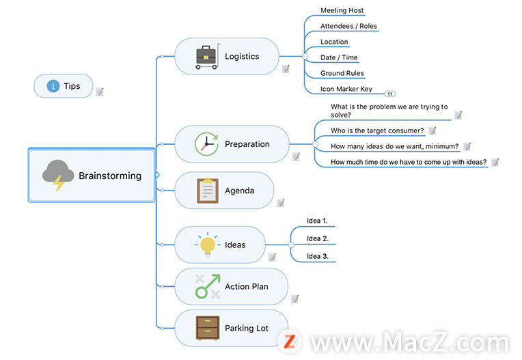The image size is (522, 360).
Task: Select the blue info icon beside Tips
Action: tap(53, 86)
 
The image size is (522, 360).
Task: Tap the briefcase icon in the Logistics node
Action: tap(206, 57)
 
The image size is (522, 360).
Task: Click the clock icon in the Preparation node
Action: tap(206, 144)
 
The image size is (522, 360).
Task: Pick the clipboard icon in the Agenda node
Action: tap(207, 191)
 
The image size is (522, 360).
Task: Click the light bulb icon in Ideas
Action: tap(207, 245)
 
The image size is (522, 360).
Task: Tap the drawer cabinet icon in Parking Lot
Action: tap(207, 329)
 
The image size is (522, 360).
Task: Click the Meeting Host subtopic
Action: tap(342, 11)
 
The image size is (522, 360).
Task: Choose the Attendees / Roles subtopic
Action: tap(348, 27)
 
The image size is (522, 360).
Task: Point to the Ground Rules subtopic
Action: tap(342, 73)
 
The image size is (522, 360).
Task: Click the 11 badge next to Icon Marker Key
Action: tap(389, 94)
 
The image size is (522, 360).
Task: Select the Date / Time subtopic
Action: tap(339, 57)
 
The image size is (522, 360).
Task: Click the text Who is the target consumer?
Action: tap(377, 130)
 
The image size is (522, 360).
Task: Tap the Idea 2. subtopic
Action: tap(317, 238)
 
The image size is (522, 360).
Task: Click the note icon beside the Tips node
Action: tap(100, 92)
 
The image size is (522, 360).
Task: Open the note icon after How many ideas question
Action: tap(467, 146)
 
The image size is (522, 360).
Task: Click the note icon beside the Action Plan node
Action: tap(294, 299)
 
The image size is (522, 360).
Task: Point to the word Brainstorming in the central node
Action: tap(110, 176)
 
